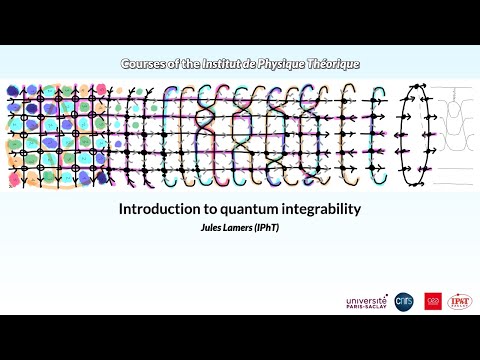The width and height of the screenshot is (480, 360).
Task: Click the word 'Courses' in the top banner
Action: (x=146, y=64)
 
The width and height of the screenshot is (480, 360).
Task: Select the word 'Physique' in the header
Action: (x=290, y=64)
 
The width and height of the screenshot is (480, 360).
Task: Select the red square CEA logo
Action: (x=433, y=300)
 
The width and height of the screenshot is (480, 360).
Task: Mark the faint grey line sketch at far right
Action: (x=456, y=130)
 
